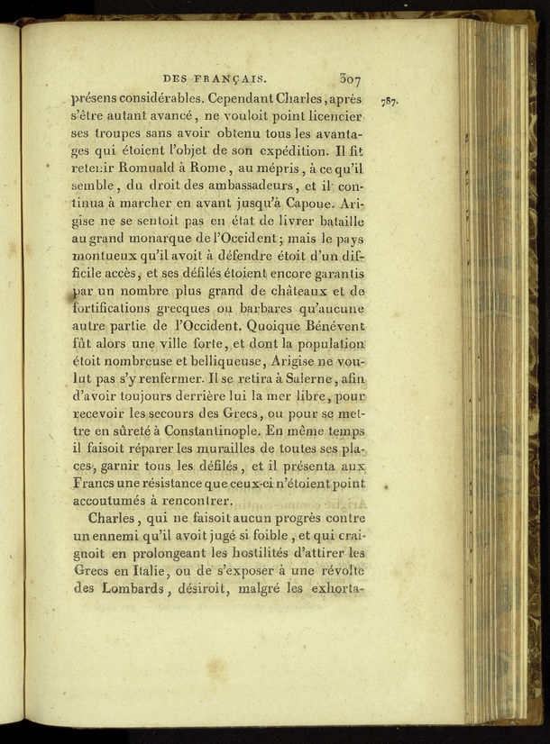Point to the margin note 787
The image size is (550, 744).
(x=390, y=100)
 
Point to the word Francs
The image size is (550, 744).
(x=94, y=483)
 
